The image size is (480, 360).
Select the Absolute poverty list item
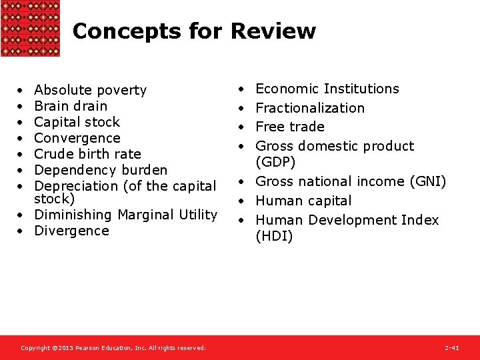[x=90, y=90]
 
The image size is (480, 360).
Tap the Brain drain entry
[x=70, y=106]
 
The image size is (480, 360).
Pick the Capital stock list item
[x=77, y=122]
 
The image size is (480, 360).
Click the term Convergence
[x=77, y=138]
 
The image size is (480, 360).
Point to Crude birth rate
[x=87, y=154]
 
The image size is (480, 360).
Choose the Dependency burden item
[x=101, y=170]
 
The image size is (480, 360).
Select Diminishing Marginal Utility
[x=125, y=215]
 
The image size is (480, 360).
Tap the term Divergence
[x=71, y=231]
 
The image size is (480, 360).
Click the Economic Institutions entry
[x=327, y=89]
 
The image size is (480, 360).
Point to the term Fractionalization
[x=310, y=108]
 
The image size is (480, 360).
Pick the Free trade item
[x=290, y=127]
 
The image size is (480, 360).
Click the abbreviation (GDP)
[x=275, y=162]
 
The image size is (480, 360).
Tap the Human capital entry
[x=303, y=201]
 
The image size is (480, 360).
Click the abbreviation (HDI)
[x=274, y=236]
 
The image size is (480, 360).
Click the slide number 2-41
[x=452, y=348]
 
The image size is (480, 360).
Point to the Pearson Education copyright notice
[x=113, y=348]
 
